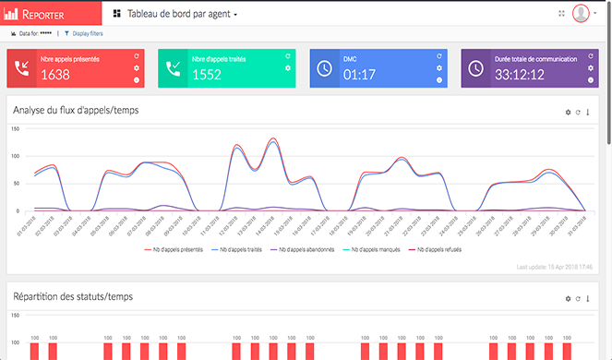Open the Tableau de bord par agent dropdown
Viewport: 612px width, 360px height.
174,15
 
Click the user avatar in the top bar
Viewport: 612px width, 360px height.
581,13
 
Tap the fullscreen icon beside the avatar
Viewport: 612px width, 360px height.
560,14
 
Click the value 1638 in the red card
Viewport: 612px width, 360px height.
54,75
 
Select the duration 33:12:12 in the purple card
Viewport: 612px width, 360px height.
520,75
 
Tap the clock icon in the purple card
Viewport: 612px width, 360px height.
474,68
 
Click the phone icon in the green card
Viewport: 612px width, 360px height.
173,68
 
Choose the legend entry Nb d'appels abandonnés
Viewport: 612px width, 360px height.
301,249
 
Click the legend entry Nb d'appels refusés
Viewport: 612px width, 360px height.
439,249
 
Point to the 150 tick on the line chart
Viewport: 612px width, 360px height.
15,128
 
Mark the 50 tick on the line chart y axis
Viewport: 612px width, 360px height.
16,184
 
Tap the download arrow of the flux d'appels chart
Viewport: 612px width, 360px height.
588,112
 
